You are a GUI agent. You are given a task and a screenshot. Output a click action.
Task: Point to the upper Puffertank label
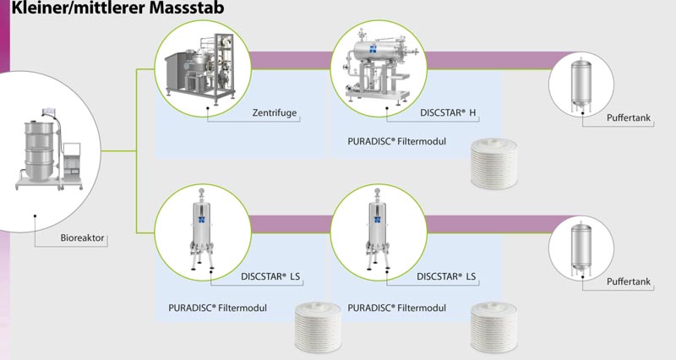630,118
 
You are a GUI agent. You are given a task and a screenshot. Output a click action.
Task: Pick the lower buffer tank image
581,248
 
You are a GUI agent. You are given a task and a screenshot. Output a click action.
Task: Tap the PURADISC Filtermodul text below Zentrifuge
395,141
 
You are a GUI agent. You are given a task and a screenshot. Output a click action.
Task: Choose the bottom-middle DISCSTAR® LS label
452,275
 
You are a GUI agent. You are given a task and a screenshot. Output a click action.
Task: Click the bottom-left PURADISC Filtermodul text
219,308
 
